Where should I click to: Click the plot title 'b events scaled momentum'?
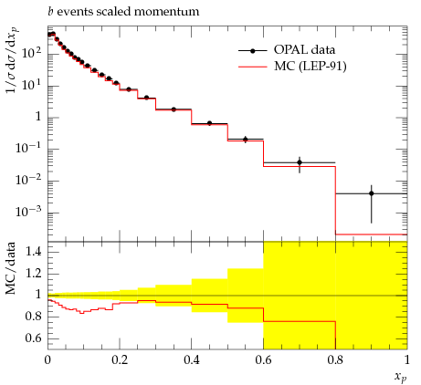(123, 12)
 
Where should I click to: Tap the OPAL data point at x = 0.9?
(371, 193)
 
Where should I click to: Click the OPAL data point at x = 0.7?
(300, 162)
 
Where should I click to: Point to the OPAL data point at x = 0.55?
(246, 140)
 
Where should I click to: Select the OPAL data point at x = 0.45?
(209, 123)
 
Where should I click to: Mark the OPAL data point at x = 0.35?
(174, 109)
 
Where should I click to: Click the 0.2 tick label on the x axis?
(120, 360)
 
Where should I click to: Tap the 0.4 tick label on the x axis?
(192, 360)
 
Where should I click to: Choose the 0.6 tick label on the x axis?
(263, 360)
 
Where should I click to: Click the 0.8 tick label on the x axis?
(335, 360)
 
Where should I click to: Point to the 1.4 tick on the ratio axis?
(33, 252)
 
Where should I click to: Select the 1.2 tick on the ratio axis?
(33, 274)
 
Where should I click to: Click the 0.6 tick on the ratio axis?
(33, 338)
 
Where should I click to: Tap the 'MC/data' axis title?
(10, 268)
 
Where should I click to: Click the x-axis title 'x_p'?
(400, 378)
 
